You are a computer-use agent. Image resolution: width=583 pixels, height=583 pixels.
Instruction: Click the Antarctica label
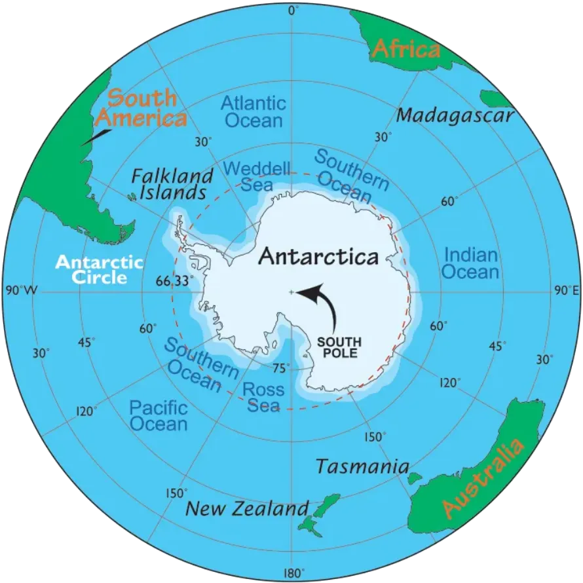[x=318, y=256]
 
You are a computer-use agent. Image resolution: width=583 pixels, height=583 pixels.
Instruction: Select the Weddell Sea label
[x=256, y=176]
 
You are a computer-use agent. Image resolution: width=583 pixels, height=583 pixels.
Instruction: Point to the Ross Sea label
[x=263, y=398]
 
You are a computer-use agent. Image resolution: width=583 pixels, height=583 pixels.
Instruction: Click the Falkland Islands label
[x=172, y=184]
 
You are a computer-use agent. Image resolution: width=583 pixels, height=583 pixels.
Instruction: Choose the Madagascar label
[x=455, y=116]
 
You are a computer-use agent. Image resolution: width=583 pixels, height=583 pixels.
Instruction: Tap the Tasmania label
[x=362, y=467]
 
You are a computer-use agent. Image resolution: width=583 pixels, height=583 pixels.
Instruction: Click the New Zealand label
[x=246, y=508]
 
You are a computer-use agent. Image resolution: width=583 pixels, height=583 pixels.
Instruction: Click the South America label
[x=141, y=108]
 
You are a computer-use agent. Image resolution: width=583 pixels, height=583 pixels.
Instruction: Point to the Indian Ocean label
[x=470, y=263]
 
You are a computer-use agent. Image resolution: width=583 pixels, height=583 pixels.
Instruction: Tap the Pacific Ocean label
[x=158, y=416]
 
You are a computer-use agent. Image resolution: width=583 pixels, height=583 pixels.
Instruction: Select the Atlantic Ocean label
[x=253, y=111]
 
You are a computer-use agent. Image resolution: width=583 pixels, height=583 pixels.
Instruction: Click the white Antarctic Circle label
[x=99, y=269]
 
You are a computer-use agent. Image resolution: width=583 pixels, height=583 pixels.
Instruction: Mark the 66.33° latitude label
[x=176, y=281]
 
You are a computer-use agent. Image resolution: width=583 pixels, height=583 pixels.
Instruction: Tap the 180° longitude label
[x=292, y=573]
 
